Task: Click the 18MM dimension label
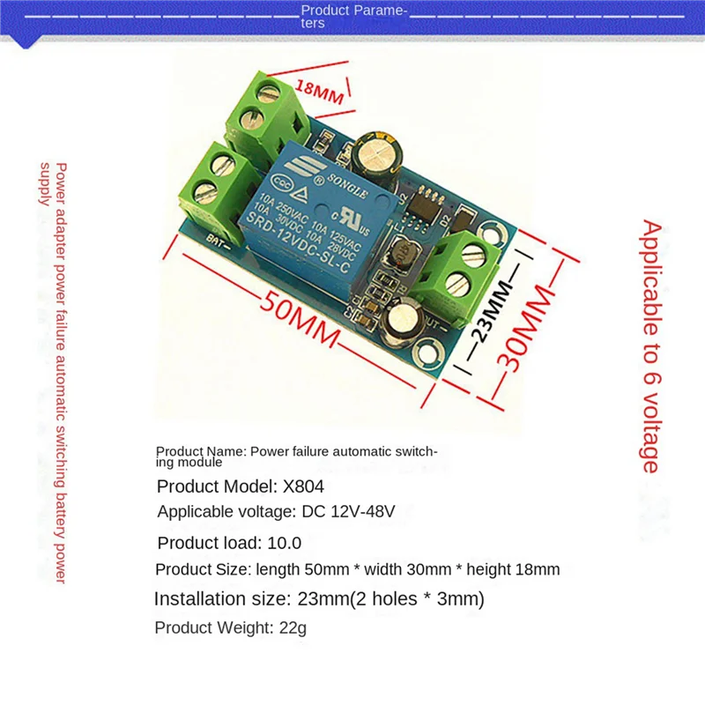coord(318,93)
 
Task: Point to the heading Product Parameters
coord(354,17)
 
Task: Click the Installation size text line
coord(319,599)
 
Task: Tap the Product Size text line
coord(357,569)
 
